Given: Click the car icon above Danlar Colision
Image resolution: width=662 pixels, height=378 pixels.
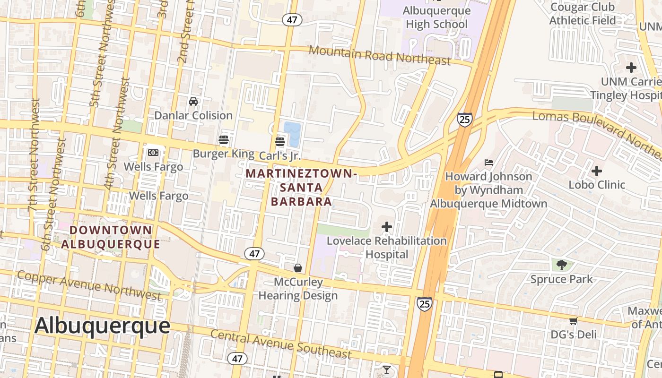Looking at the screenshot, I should click(x=193, y=101).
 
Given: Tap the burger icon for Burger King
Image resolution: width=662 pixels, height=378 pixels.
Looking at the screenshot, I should click(x=224, y=139).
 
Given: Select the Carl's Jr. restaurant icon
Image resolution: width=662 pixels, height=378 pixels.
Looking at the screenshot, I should click(x=279, y=141).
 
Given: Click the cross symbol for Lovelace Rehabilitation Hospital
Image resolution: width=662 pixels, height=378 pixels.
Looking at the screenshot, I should click(x=387, y=227).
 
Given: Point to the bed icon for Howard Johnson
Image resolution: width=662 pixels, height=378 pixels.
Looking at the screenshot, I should click(x=489, y=163).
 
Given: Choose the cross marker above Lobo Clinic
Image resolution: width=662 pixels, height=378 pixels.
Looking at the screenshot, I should click(x=597, y=171).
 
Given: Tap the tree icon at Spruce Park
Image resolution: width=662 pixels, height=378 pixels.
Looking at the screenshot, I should click(x=562, y=265).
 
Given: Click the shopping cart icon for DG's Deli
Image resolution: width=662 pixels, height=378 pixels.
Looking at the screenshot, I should click(x=573, y=321).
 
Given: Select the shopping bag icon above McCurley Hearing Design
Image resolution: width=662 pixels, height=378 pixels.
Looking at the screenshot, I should click(x=298, y=268).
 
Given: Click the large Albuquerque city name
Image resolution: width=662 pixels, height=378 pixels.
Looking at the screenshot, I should click(x=102, y=326).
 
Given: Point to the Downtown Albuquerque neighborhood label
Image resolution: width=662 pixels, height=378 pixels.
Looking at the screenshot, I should click(x=111, y=237).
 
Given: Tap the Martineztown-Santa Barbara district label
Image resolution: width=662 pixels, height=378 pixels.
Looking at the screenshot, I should click(x=301, y=188).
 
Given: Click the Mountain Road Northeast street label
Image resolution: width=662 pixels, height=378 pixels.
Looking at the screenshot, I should click(x=380, y=55).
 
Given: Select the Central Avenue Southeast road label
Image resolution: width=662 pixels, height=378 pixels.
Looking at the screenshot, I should click(x=281, y=344).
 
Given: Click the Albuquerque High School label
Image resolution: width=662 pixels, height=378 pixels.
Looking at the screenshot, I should click(x=436, y=17).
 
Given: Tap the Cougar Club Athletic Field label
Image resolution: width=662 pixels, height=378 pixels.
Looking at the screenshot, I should click(x=582, y=14).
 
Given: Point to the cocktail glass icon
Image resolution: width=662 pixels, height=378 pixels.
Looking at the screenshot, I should click(x=387, y=369).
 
